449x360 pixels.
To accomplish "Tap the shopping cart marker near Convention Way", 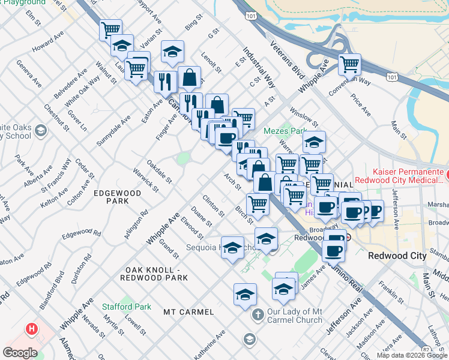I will tap(349, 64).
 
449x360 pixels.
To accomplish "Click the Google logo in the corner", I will tap(20, 353).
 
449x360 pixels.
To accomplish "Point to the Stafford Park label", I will tap(126, 307).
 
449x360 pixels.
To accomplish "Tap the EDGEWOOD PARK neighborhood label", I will tap(117, 197).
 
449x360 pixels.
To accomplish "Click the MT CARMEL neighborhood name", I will tap(188, 312).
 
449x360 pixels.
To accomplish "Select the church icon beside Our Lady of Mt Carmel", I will tap(258, 314).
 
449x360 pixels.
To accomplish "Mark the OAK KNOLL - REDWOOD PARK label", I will tap(154, 274).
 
